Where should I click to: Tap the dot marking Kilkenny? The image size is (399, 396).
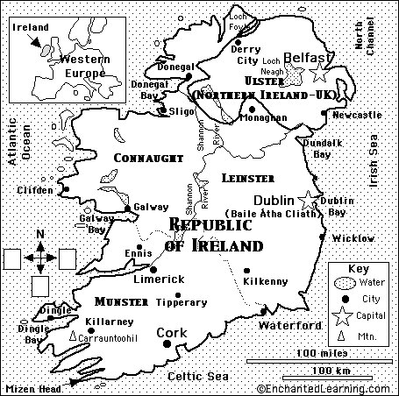[x=246, y=271]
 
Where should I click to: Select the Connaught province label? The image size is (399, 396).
[x=149, y=157]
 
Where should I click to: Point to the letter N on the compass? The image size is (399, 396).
[x=40, y=233]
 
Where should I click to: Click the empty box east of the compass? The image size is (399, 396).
[x=68, y=258]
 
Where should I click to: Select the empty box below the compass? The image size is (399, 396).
[x=39, y=286]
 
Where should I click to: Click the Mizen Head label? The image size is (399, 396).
[x=31, y=386]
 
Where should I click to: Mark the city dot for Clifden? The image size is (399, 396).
[x=65, y=188]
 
